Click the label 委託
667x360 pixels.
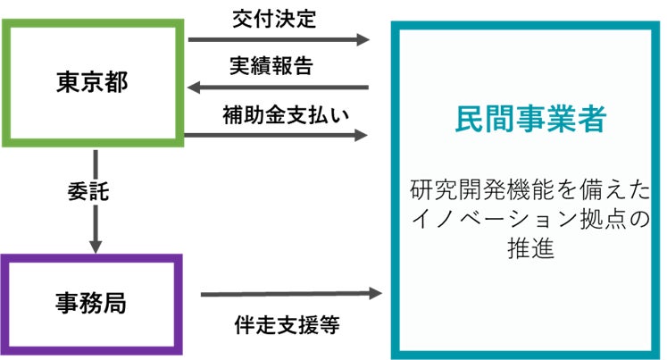[88, 191]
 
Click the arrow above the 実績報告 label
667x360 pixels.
[279, 40]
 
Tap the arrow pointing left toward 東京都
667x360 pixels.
[279, 88]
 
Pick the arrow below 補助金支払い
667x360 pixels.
[279, 135]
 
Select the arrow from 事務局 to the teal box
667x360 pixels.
[290, 293]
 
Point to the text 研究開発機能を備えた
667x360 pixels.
[529, 190]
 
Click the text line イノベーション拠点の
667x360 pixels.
[529, 219]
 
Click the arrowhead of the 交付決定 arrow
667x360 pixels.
[362, 40]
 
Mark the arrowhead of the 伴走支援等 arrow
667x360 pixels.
[376, 292]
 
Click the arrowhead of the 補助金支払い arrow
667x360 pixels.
[362, 135]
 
